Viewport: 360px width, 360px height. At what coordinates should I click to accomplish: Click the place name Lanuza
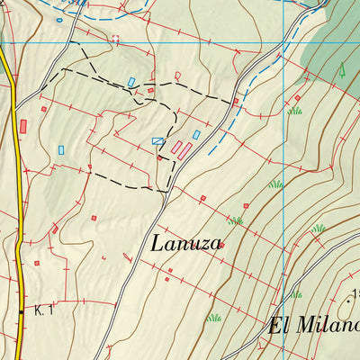pyautogui.click(x=187, y=243)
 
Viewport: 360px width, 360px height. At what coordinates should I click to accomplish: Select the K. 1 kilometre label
pyautogui.click(x=44, y=311)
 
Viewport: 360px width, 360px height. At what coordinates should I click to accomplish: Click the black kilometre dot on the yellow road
pyautogui.click(x=22, y=311)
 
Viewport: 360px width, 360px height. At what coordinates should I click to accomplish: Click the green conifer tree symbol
pyautogui.click(x=342, y=68)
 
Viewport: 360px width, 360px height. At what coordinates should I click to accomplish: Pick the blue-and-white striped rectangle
pyautogui.click(x=158, y=140)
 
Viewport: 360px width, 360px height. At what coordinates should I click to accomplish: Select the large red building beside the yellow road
pyautogui.click(x=22, y=126)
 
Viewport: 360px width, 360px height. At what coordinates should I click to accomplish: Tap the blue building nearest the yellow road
pyautogui.click(x=61, y=149)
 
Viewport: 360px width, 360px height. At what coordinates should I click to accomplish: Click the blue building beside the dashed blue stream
pyautogui.click(x=196, y=135)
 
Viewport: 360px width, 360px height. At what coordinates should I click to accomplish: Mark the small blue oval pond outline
pyautogui.click(x=60, y=19)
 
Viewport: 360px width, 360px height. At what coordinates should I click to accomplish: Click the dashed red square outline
pyautogui.click(x=114, y=40)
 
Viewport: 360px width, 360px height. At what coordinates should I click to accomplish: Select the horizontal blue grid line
pyautogui.click(x=180, y=42)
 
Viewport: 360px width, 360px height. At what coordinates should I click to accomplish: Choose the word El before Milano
pyautogui.click(x=276, y=325)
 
